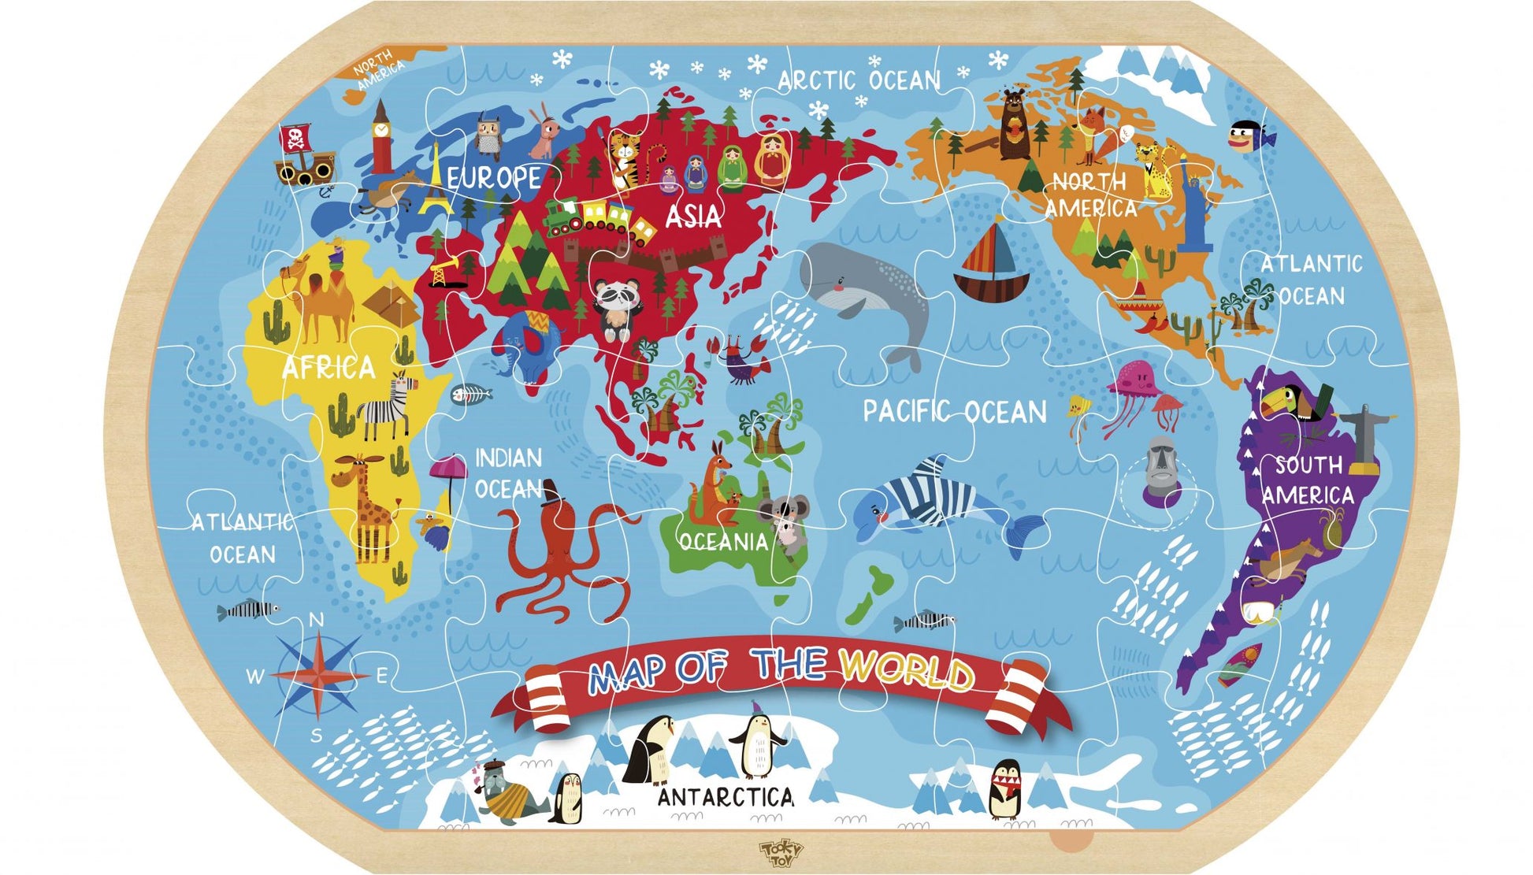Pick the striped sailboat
click(x=992, y=264)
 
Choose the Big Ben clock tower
click(x=381, y=139)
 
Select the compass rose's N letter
click(x=317, y=621)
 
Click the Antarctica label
click(x=726, y=797)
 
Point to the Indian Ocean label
click(x=509, y=473)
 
